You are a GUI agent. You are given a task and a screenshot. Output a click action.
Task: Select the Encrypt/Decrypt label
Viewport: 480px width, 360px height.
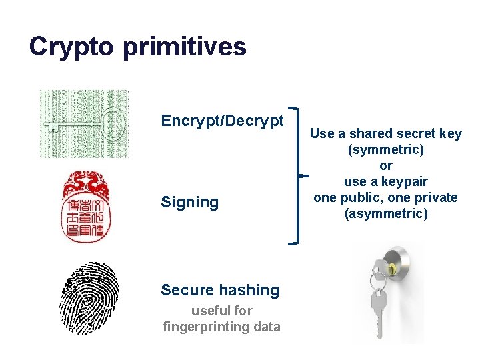(222, 121)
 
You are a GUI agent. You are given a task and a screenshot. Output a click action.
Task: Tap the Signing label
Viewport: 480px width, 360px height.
(189, 202)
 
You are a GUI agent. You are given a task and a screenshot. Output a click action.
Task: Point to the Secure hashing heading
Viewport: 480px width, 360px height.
(220, 290)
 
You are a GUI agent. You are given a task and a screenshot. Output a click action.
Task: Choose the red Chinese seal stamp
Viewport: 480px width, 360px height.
(87, 207)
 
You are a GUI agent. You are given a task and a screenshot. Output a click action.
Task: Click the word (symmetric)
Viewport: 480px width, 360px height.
(386, 149)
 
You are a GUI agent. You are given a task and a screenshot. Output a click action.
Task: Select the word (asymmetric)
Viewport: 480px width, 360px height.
(386, 213)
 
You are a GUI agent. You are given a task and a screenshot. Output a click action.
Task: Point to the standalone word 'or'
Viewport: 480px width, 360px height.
(386, 165)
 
